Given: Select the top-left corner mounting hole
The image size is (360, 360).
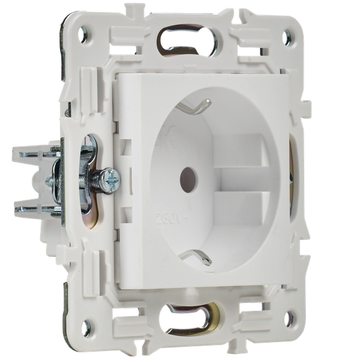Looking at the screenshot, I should coord(82,35).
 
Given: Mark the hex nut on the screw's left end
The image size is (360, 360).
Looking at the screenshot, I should coord(57,178).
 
